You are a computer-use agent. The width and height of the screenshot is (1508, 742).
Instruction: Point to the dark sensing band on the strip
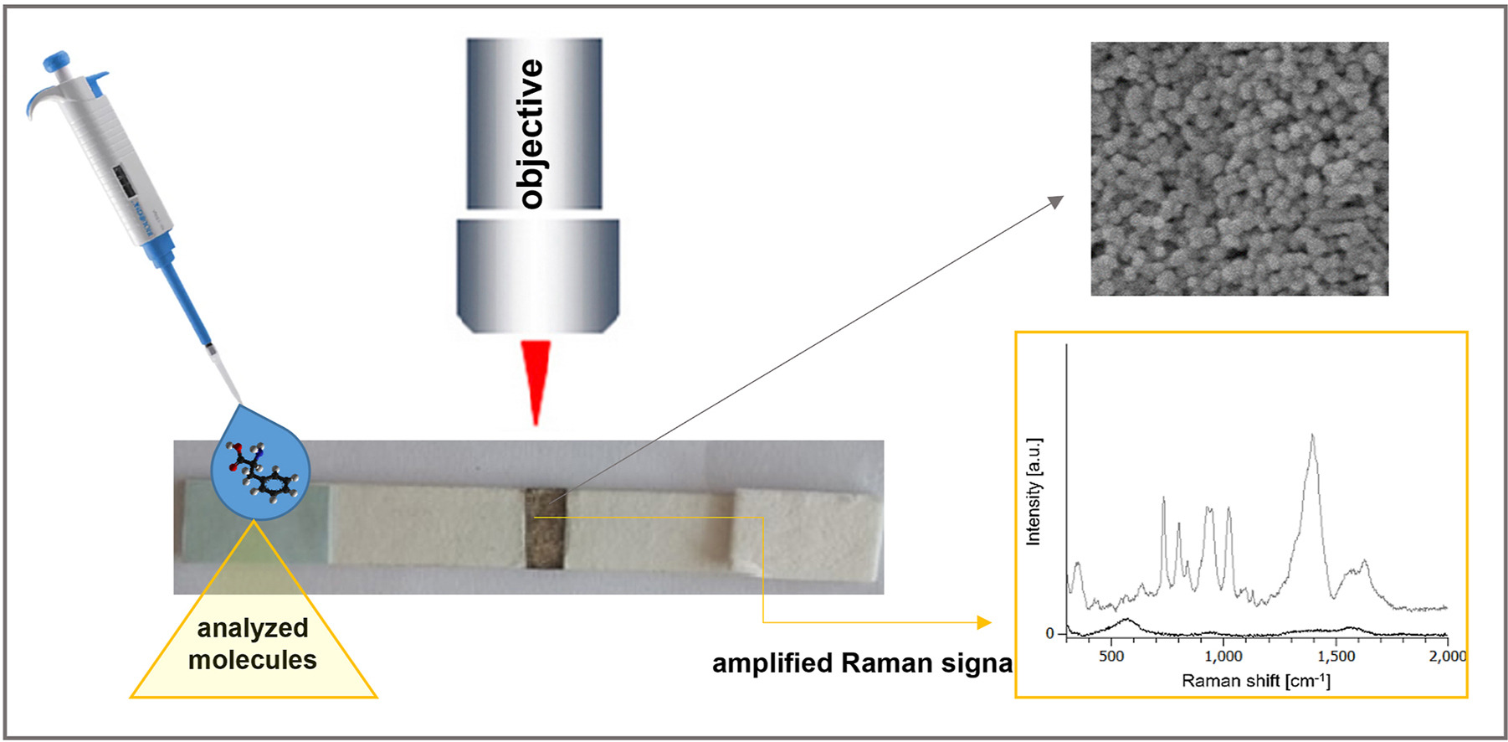(546, 529)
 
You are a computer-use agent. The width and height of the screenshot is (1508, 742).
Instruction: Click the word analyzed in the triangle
(253, 628)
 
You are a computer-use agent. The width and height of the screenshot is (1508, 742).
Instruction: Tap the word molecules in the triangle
(253, 660)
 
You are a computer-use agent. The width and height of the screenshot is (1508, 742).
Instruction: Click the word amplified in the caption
(772, 663)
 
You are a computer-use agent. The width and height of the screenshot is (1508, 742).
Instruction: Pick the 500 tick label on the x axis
(1111, 656)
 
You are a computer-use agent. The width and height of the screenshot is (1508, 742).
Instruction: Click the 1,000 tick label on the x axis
(1224, 656)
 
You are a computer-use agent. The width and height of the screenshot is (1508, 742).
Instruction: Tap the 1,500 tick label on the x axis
(1336, 656)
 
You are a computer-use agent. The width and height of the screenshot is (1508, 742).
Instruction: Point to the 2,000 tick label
(1447, 656)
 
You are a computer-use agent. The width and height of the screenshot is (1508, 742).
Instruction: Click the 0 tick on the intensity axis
(1050, 634)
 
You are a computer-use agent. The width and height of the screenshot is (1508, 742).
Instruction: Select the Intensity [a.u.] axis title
(1034, 492)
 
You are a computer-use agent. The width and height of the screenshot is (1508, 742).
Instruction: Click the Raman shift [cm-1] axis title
(1255, 681)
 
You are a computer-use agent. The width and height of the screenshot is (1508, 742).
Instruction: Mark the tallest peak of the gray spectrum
(1312, 435)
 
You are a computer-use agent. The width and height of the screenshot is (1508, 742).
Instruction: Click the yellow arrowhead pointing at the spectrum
(984, 622)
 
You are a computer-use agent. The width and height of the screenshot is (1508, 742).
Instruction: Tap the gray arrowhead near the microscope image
(1057, 201)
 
